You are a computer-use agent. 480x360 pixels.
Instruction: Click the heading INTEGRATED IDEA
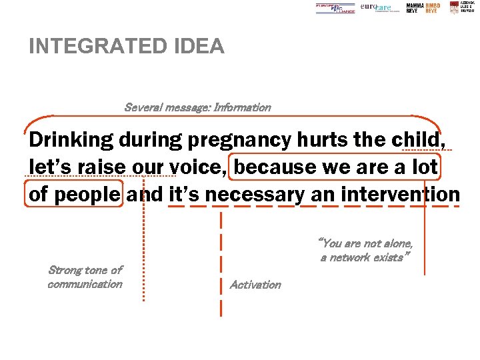(x=127, y=47)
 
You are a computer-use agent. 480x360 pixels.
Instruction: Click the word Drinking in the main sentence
(x=71, y=141)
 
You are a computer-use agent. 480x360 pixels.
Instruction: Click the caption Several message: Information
(x=197, y=107)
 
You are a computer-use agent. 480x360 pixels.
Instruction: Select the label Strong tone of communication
(x=85, y=277)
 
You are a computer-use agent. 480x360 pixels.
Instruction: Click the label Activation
(x=255, y=285)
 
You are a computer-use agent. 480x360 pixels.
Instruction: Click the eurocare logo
(x=377, y=7)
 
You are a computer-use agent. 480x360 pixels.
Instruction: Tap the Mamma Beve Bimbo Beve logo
(x=423, y=8)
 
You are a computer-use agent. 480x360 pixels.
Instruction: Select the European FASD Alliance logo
(x=335, y=8)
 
